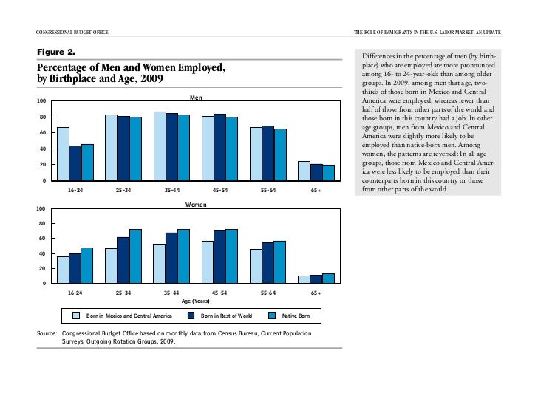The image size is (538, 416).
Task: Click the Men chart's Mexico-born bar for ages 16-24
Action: click(63, 154)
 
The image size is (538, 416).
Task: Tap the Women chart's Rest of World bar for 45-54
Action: click(219, 256)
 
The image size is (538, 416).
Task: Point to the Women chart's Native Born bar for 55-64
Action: click(280, 262)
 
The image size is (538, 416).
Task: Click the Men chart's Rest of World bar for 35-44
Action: click(171, 147)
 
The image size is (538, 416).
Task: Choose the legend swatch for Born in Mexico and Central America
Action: click(76, 316)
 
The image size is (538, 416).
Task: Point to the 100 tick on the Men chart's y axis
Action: click(42, 101)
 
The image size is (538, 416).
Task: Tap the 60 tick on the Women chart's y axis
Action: click(42, 239)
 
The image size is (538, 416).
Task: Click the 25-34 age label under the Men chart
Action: click(123, 190)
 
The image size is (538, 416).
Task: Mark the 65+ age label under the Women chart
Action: click(316, 293)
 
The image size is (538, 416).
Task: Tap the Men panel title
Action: click(196, 97)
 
